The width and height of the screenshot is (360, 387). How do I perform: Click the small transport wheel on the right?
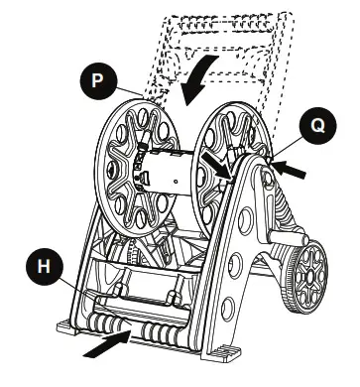tap(303, 269)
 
